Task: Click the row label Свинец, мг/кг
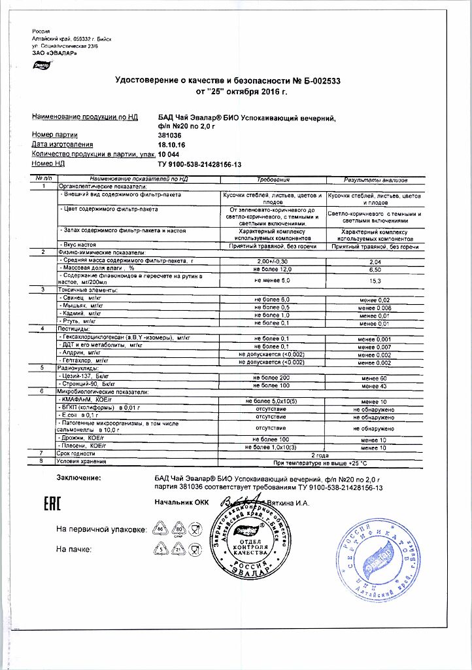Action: [82, 298]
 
